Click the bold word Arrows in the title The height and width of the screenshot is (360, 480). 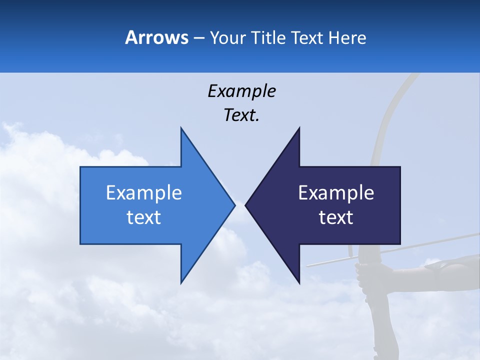(x=156, y=37)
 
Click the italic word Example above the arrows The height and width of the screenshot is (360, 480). (x=241, y=91)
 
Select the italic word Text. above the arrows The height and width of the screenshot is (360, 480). (x=241, y=115)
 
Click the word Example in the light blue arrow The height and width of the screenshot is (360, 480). (x=143, y=192)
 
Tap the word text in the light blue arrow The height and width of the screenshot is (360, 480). (x=143, y=217)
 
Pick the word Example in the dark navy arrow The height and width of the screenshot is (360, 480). (x=336, y=192)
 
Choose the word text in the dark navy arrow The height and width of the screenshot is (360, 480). (x=336, y=217)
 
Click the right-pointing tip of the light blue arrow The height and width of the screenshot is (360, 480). (x=234, y=205)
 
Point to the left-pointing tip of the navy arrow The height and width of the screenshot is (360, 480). (x=245, y=205)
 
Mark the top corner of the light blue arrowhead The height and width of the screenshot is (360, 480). (x=181, y=128)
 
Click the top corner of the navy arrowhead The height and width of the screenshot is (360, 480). (x=299, y=128)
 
